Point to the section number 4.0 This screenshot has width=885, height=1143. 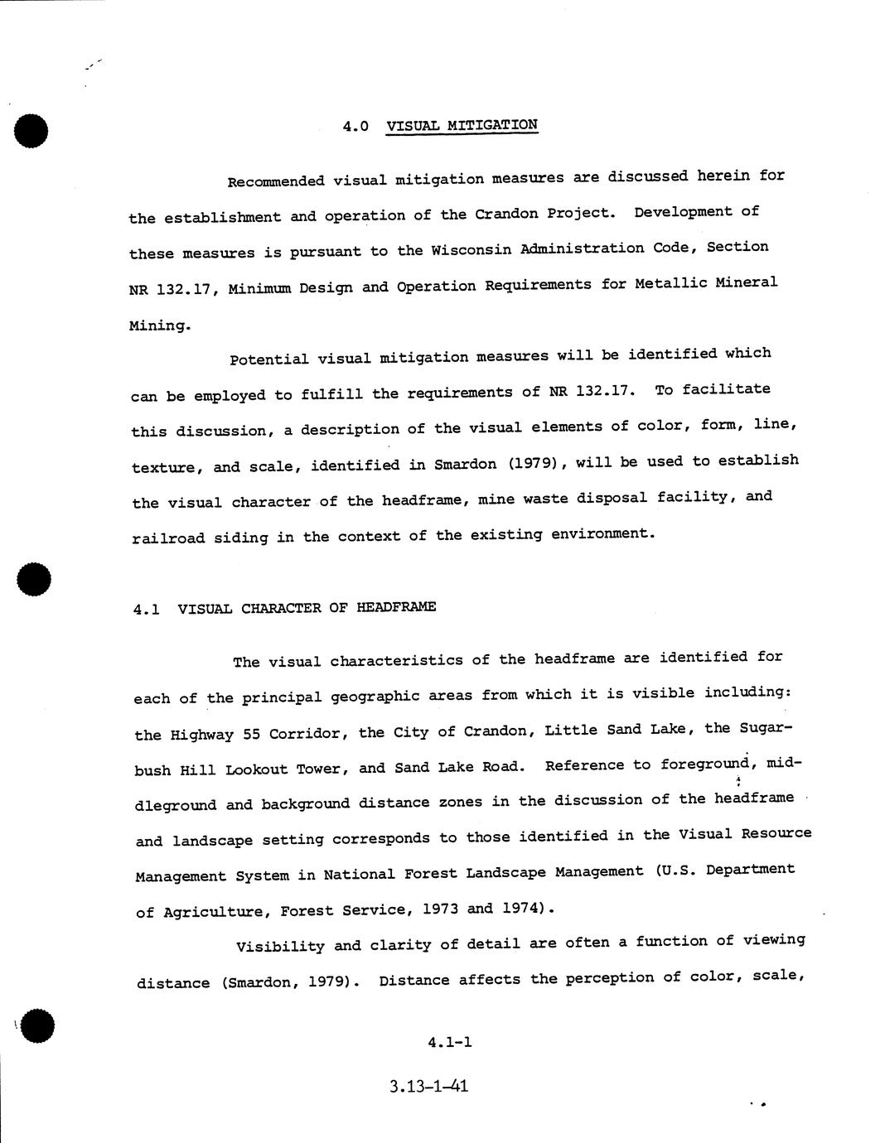point(355,127)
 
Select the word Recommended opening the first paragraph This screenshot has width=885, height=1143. point(275,181)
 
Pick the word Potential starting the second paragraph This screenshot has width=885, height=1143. point(268,359)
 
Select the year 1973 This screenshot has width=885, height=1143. point(439,909)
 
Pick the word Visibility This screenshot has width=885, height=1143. point(279,947)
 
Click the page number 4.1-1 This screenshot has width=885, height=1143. point(450,1042)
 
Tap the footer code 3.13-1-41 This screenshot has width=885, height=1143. point(428,1086)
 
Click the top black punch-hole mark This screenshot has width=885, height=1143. point(31,131)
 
